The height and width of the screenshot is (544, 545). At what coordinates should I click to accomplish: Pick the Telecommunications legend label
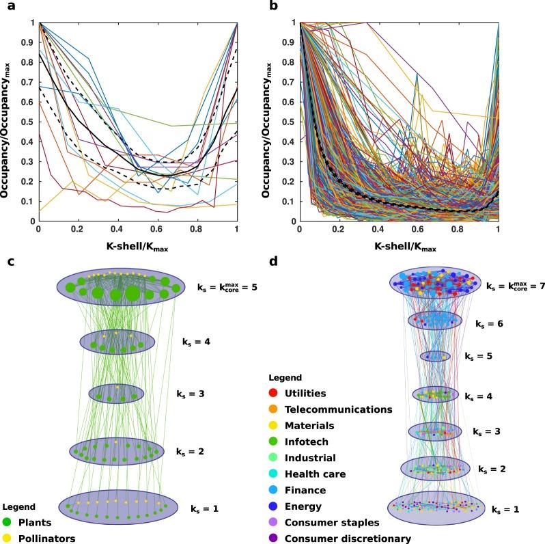click(338, 409)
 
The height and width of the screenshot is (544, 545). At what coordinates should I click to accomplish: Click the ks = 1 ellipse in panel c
click(117, 507)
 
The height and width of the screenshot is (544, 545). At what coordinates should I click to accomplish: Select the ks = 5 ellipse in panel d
click(435, 356)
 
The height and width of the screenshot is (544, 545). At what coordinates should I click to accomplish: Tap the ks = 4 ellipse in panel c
click(117, 342)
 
